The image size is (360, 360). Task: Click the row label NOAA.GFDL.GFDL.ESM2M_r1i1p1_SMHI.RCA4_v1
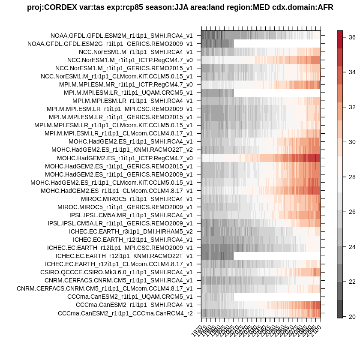(121, 36)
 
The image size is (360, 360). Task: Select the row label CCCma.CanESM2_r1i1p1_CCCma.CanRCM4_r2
(125, 313)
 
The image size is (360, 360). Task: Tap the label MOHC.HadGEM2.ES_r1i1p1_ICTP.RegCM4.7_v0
(125, 158)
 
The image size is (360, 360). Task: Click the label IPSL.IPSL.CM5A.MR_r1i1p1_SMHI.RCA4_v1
(131, 215)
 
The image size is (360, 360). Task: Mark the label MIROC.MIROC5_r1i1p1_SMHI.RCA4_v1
(137, 199)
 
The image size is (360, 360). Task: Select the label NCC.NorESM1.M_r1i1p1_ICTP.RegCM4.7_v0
(130, 60)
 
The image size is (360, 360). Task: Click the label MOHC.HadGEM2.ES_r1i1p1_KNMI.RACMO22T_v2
(122, 150)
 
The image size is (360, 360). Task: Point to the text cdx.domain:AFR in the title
(303, 8)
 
